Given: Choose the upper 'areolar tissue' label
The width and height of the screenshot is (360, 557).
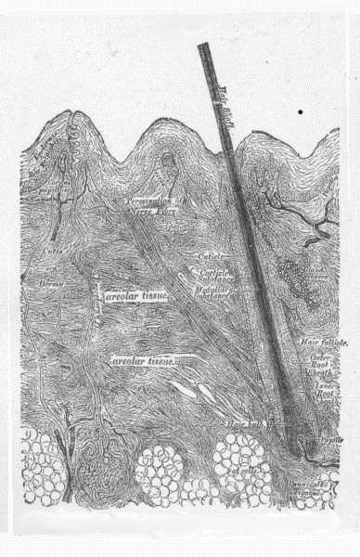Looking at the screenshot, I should tap(135, 296).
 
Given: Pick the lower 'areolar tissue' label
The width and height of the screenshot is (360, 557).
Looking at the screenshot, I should tap(137, 359).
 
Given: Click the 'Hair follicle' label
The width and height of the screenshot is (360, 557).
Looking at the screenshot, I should tap(324, 343).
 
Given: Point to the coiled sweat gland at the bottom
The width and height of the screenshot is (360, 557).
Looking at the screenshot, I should tap(96, 463).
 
